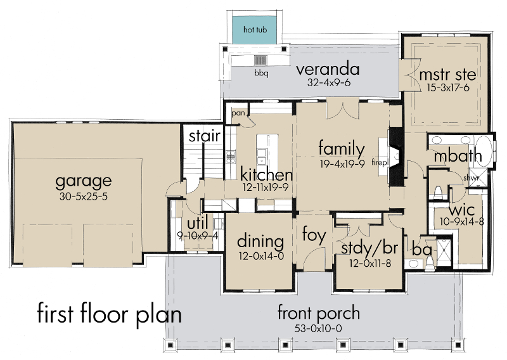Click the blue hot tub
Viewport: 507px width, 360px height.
coord(255,30)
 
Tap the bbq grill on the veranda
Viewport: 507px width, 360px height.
coord(260,60)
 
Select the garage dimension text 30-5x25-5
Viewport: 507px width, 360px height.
coord(84,196)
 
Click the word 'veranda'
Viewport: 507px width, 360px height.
coord(328,69)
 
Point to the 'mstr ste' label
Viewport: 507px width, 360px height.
coord(447,75)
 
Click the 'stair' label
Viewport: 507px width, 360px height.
coord(205,136)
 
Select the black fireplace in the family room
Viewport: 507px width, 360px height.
coord(396,157)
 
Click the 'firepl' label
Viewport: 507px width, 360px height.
coord(379,162)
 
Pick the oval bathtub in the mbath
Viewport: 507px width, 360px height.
coord(484,151)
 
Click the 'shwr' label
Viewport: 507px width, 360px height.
coord(471,178)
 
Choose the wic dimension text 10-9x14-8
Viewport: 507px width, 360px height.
coord(462,222)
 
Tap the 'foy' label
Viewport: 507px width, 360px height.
coord(314,235)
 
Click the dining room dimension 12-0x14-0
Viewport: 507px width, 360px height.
coord(261,256)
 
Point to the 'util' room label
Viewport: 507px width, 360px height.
coord(198,224)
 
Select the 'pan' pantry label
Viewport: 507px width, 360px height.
coord(238,113)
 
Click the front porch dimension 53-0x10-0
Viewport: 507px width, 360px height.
coord(318,328)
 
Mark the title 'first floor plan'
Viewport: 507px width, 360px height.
coord(109,314)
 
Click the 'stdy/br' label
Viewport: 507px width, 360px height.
coord(369,248)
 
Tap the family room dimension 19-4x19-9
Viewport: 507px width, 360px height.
coord(342,164)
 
